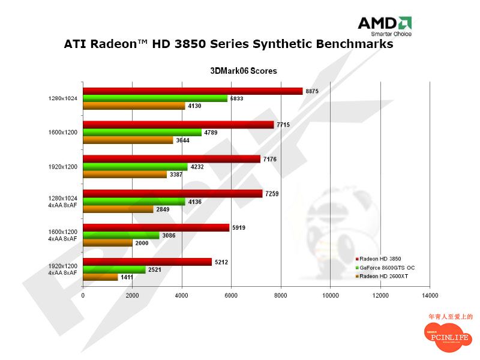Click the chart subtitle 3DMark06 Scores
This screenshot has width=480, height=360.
coord(243,71)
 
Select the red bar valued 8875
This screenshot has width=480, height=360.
coord(193,91)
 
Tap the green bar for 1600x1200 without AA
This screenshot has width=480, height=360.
coord(142,133)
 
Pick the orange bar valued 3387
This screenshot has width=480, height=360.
coord(125,175)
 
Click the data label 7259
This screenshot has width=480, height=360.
coord(272,193)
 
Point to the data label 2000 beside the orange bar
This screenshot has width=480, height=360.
coord(142,242)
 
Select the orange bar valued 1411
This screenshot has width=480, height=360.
coord(100,277)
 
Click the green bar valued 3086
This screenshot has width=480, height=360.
coord(121,235)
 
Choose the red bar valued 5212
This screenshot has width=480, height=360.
coord(147,262)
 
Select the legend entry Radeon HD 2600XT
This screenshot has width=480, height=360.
coord(385,276)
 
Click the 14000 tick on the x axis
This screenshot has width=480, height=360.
coord(430,295)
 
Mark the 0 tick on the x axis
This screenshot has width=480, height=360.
coord(83,295)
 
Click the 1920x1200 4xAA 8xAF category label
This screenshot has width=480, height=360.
coord(63,269)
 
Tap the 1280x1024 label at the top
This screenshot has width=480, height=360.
coord(63,98)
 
